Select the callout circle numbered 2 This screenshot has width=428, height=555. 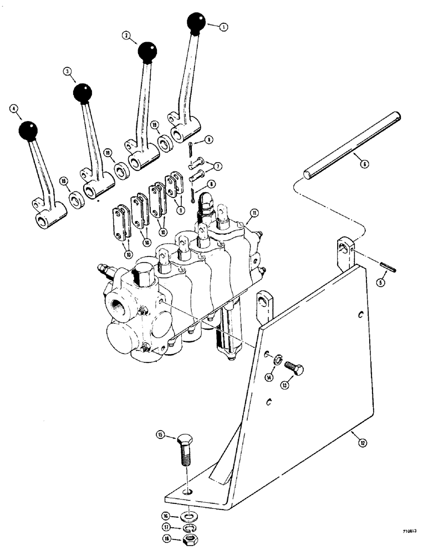coord(127,36)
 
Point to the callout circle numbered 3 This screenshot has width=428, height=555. coord(67,72)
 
